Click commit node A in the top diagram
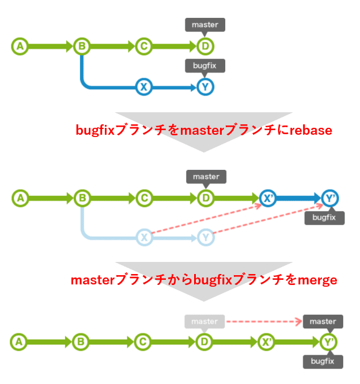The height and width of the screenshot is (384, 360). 20,46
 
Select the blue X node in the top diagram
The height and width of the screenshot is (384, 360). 143,87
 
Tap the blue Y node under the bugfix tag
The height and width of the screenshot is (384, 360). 204,87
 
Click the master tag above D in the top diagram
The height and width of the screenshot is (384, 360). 204,25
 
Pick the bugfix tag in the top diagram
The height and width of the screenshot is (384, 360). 204,66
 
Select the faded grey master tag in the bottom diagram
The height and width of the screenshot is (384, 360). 204,321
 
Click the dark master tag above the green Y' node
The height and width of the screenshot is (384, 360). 323,321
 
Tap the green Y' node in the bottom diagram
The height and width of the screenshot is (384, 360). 328,341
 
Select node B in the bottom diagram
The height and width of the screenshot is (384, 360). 81,341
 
